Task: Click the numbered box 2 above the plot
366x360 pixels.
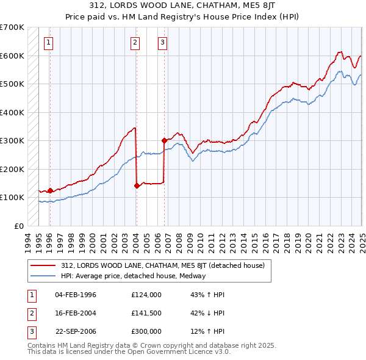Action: (135, 43)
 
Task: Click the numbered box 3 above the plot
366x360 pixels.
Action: (163, 43)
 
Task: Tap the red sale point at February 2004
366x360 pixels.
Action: (137, 185)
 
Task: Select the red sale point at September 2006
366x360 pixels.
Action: (164, 140)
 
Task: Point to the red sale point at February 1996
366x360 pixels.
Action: (50, 190)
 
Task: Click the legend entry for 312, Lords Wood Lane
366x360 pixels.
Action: (162, 265)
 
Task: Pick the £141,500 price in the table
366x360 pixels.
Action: (146, 313)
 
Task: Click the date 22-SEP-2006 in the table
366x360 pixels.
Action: (76, 331)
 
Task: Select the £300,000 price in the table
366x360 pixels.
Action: (146, 331)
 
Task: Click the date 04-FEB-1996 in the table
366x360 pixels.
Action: (76, 295)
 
